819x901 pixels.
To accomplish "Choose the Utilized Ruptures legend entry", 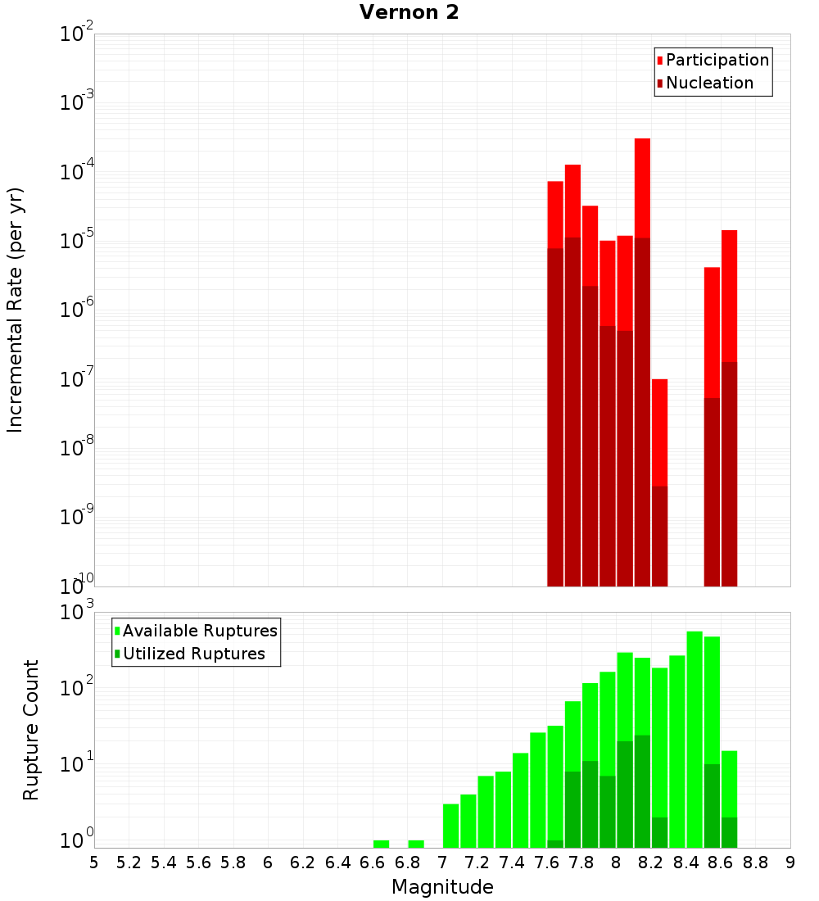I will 192,654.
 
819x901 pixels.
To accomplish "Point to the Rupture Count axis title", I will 31,729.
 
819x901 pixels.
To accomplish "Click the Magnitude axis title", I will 442,887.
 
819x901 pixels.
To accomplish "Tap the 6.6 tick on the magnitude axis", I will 373,863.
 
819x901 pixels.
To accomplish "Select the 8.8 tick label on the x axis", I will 755,863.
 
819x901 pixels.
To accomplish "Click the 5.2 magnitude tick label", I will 129,863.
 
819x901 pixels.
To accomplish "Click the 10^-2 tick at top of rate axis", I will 77,34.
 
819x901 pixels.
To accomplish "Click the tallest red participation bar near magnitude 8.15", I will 642,188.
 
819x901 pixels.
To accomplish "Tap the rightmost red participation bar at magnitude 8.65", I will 729,295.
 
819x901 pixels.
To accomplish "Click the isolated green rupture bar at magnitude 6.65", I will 381,844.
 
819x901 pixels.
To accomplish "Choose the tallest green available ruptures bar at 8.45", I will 695,737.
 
